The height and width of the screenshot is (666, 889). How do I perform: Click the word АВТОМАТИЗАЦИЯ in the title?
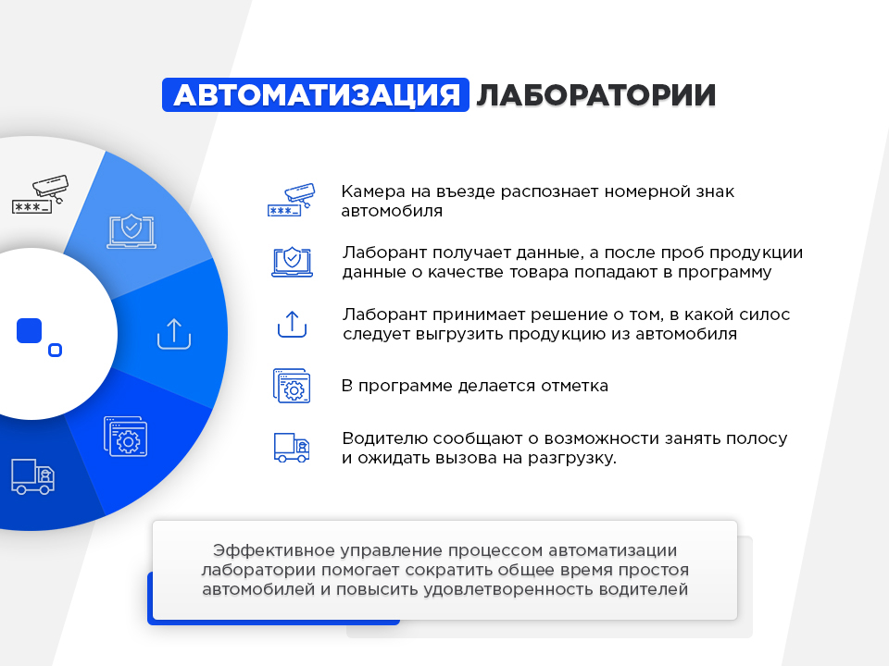tap(317, 95)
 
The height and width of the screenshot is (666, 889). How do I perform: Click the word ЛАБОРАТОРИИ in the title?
tap(595, 95)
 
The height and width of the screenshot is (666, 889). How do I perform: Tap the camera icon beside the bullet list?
tap(291, 200)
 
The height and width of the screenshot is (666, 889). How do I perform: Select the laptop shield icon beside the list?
tap(292, 262)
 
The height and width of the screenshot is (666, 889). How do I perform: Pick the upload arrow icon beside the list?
tap(292, 325)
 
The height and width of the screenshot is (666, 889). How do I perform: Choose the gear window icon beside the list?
tap(292, 386)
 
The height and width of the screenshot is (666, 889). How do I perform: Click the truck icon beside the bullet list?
tap(292, 448)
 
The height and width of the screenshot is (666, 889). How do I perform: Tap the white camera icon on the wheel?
tap(40, 194)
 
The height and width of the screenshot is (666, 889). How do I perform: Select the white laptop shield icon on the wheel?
tap(131, 231)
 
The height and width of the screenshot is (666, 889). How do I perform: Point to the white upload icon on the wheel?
tap(174, 334)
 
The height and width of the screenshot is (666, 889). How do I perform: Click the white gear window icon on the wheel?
tap(125, 437)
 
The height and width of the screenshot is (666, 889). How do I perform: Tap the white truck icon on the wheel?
tap(33, 476)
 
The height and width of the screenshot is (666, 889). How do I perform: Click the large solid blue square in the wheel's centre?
tap(30, 331)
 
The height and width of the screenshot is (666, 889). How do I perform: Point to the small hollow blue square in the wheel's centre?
tap(55, 350)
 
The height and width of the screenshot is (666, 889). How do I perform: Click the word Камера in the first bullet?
tap(372, 191)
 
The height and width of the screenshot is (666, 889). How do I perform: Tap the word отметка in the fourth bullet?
tap(574, 386)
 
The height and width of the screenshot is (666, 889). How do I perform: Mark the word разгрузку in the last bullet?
tap(572, 459)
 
